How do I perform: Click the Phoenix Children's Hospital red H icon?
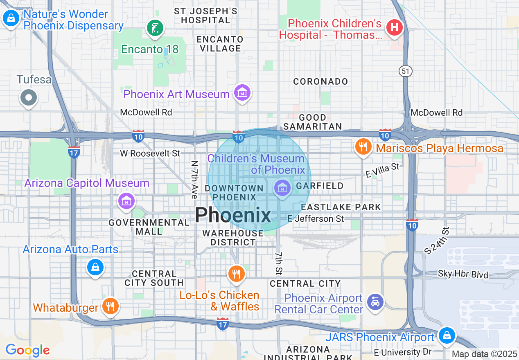point(395,28)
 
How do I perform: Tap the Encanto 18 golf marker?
point(155,28)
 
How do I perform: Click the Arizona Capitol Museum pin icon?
point(127,201)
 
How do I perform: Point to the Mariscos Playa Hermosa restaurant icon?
point(363,147)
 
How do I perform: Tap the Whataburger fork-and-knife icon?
point(110,306)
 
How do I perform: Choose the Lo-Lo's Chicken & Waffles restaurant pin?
point(236,274)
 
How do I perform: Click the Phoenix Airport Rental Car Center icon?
point(375,302)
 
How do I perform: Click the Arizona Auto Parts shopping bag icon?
point(95,268)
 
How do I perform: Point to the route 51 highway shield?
point(405,71)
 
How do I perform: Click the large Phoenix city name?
point(233,215)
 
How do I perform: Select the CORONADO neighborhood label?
point(320,81)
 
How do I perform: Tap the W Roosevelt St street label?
point(150,153)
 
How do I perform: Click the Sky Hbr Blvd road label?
point(463,274)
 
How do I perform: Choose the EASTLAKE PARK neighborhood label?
point(341,207)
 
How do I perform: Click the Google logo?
point(27,350)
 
